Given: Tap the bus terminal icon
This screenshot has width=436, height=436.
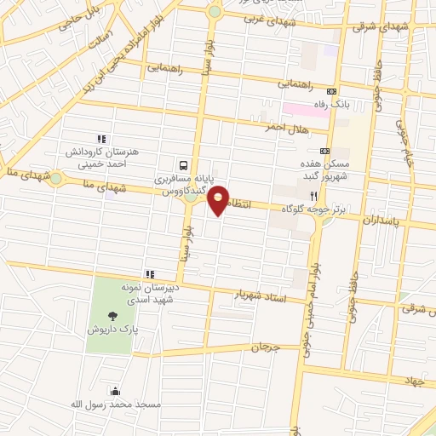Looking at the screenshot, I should click(x=184, y=165).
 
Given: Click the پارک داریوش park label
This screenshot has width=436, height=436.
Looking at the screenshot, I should click(x=114, y=328).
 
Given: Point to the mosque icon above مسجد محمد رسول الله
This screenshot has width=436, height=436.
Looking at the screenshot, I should click(x=115, y=391).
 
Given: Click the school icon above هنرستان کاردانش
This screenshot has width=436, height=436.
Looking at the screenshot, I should click(x=101, y=138).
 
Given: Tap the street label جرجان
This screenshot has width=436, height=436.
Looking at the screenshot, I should click(x=265, y=347).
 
